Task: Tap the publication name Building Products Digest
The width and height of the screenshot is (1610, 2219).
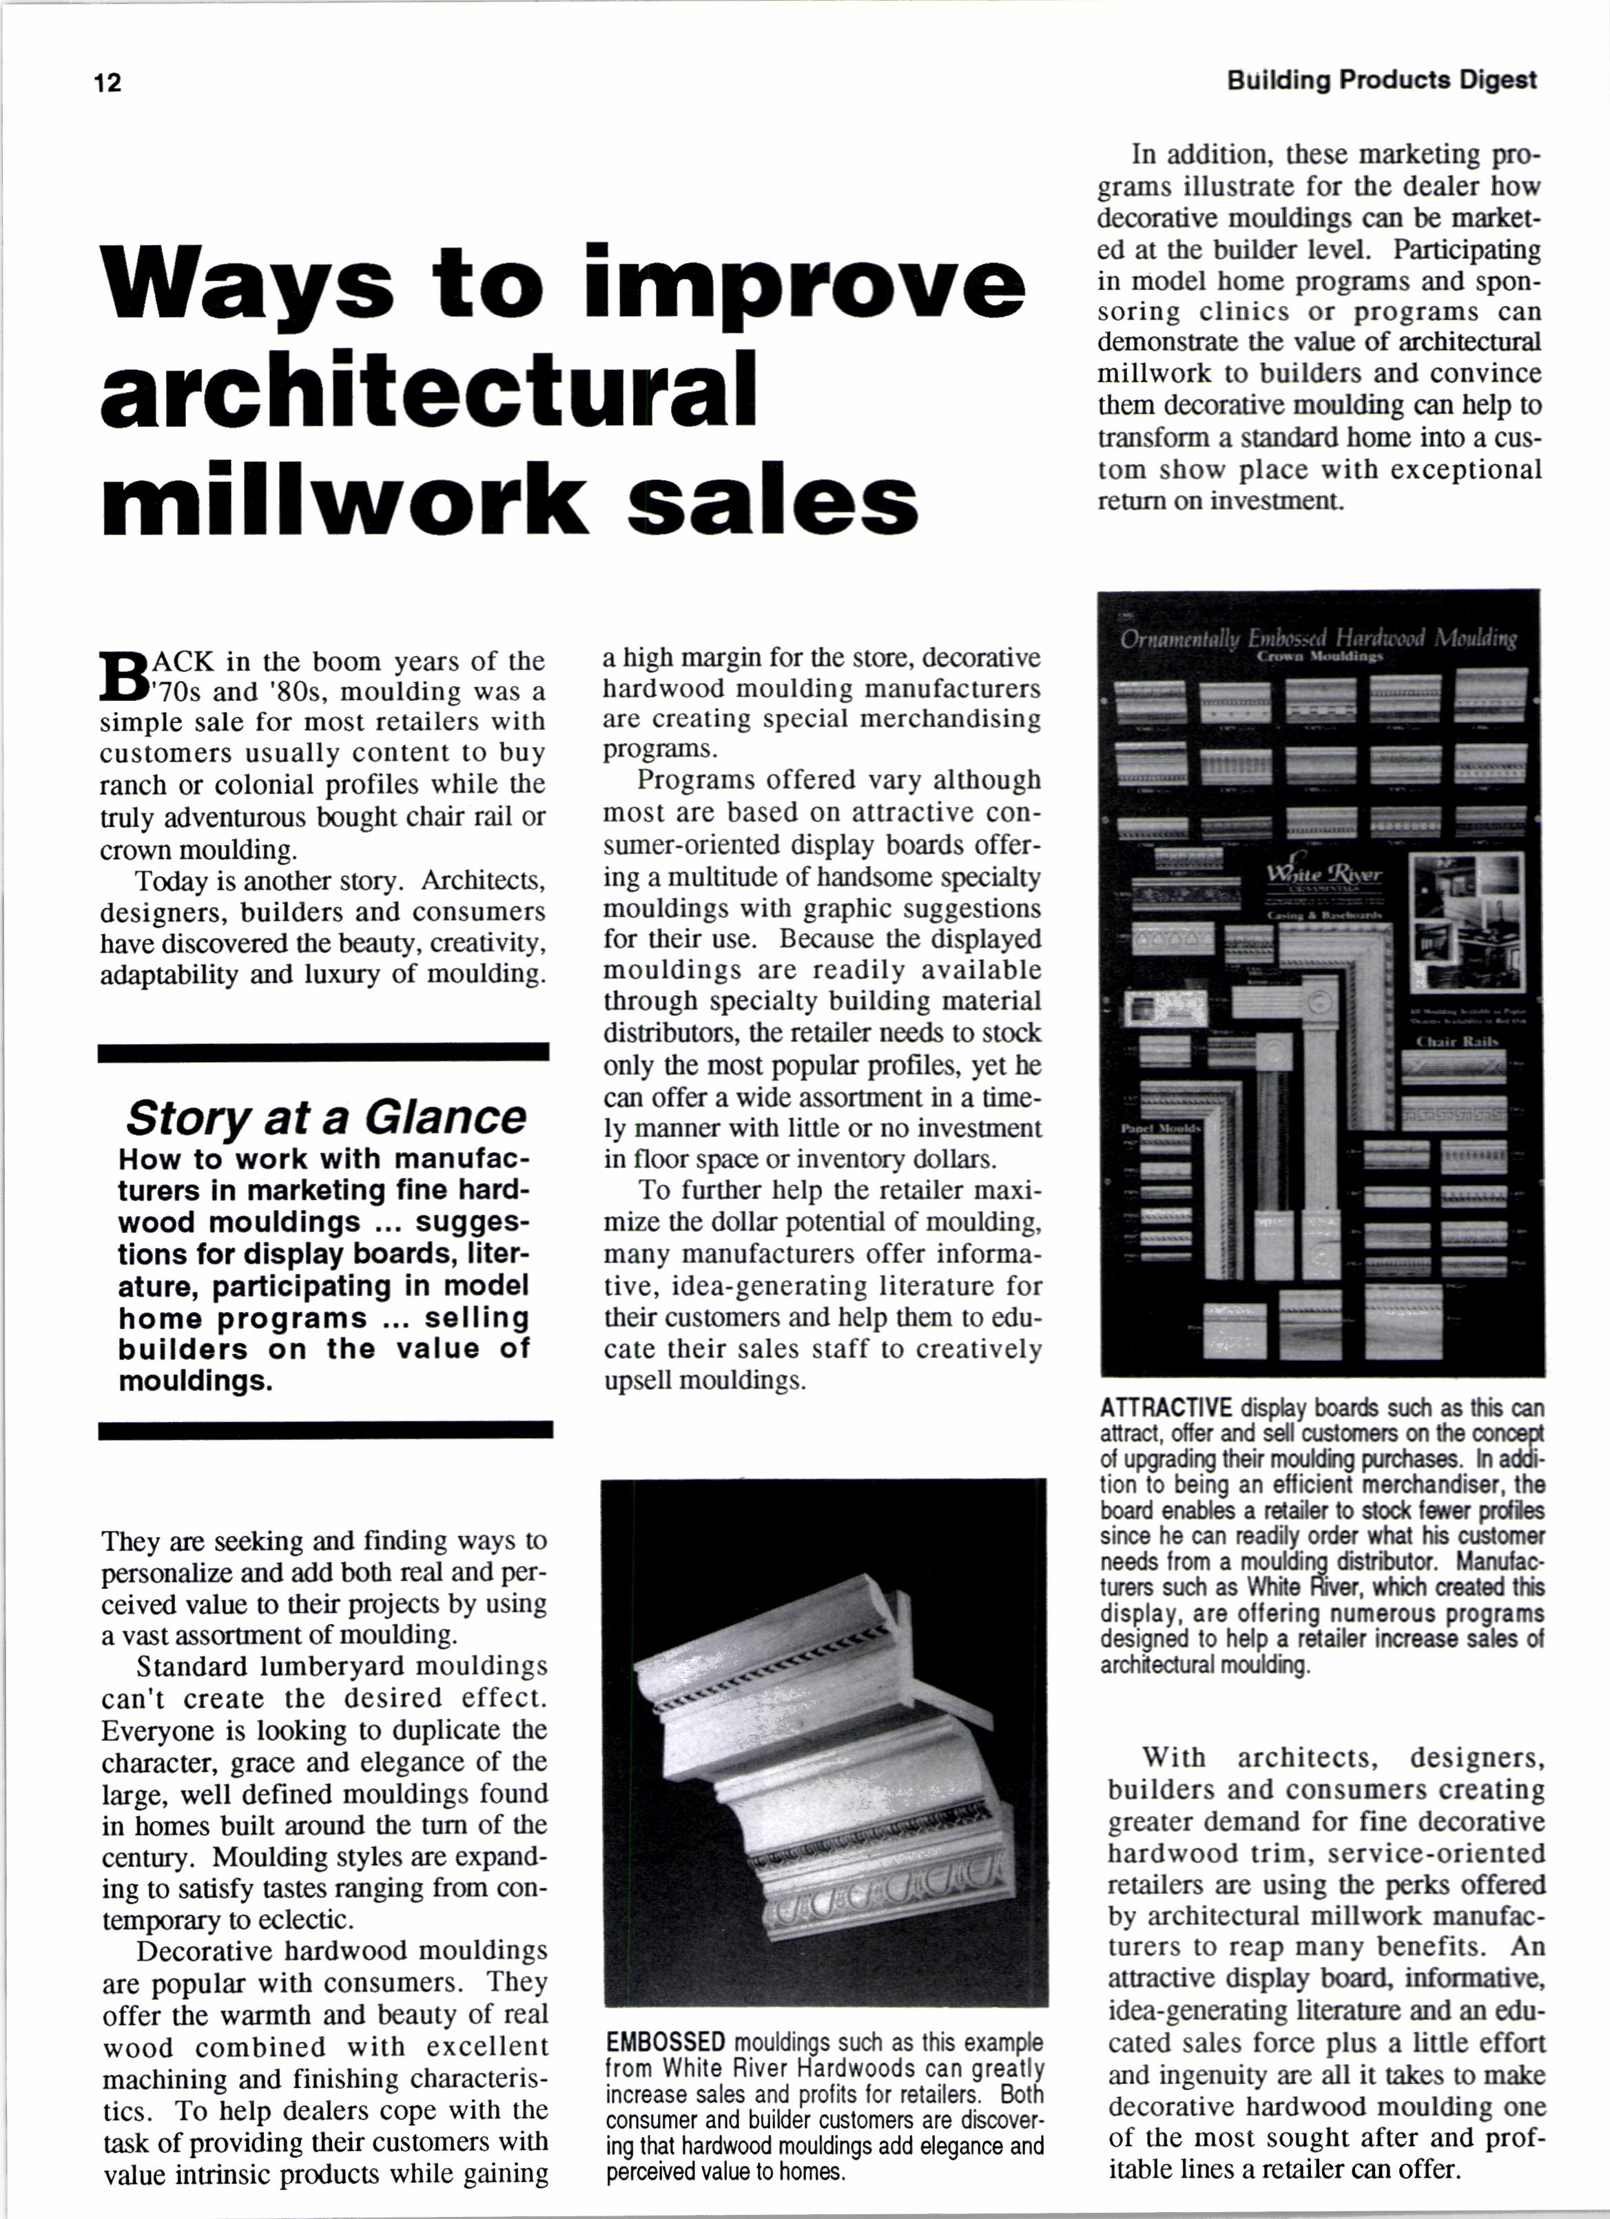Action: [1381, 80]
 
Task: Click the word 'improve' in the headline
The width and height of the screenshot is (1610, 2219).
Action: [805, 283]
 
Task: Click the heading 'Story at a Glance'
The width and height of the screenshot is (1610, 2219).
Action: [326, 1116]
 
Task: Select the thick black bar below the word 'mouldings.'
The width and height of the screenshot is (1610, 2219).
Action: [325, 1430]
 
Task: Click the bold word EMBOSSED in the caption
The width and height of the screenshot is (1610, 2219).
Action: [665, 2043]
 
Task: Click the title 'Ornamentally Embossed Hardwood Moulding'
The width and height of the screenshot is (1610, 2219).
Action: [1319, 639]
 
